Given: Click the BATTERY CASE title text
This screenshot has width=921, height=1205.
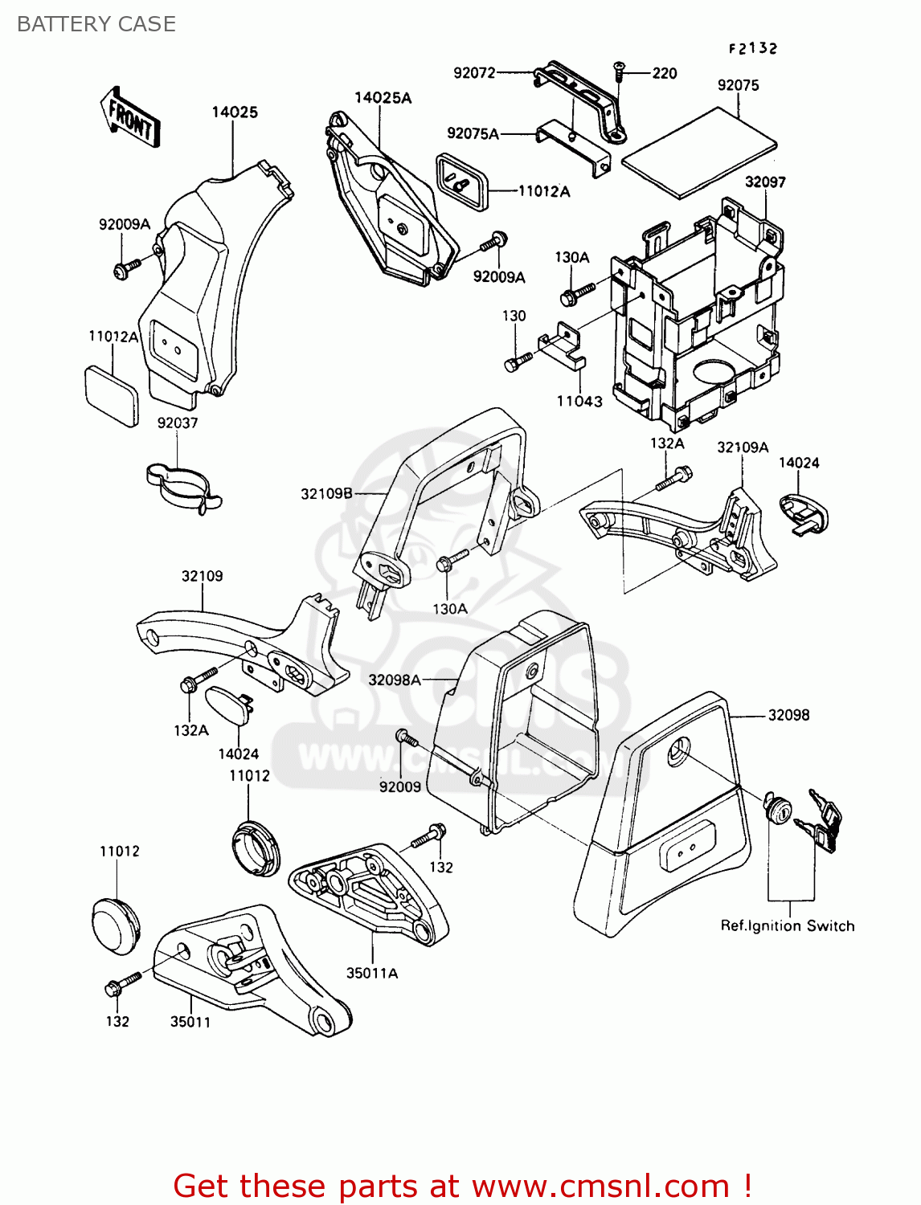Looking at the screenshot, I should pos(96,24).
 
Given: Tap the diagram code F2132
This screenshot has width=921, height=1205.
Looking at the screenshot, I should pos(753,48).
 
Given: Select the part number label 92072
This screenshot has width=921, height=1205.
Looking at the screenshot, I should pos(474,73).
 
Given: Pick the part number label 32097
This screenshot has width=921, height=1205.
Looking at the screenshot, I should pos(764,182).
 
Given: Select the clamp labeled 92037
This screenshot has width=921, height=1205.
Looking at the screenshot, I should pos(183,485).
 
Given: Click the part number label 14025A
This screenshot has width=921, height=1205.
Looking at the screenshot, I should pos(383,98).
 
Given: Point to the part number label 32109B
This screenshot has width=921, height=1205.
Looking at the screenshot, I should pos(326,493).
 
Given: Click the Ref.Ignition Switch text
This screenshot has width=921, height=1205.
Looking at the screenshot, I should pos(787,925).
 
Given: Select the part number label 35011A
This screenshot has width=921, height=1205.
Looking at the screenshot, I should pos(372,973).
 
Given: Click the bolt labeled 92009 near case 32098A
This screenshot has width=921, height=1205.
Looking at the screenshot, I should pos(404,737).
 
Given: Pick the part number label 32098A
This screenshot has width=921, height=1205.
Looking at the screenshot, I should pos(394,680).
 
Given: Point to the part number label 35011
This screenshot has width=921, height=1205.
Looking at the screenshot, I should pos(190,1022).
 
